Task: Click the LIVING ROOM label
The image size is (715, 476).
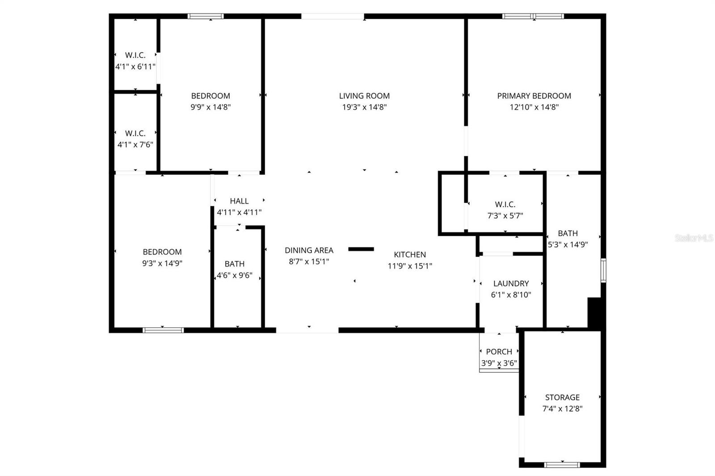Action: point(364,96)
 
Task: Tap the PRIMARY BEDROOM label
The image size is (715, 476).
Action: point(534,96)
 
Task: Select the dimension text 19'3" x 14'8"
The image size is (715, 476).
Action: point(364,107)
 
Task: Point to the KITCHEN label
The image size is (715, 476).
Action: point(410,255)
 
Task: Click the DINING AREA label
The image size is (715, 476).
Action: point(309,251)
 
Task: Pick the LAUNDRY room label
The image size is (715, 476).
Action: point(511,284)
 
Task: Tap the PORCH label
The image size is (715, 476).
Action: point(499,352)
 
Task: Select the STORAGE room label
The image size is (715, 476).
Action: point(562,397)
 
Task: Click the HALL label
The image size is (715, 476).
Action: point(239,201)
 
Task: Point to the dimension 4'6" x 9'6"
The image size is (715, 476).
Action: point(235,276)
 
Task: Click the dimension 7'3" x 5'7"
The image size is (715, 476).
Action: point(505,216)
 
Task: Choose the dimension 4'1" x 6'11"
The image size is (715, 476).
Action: point(135,67)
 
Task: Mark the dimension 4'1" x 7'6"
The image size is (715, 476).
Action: point(135,145)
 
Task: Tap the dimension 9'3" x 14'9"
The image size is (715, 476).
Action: point(162,263)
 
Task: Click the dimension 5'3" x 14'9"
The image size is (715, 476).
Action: point(568,245)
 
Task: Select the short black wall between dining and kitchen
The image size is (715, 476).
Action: point(361,249)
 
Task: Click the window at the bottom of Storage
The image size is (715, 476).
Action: point(562,465)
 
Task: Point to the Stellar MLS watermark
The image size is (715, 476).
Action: point(694,238)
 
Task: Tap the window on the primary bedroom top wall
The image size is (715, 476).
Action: point(533,17)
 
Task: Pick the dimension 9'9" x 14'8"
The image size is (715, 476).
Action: point(210,107)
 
